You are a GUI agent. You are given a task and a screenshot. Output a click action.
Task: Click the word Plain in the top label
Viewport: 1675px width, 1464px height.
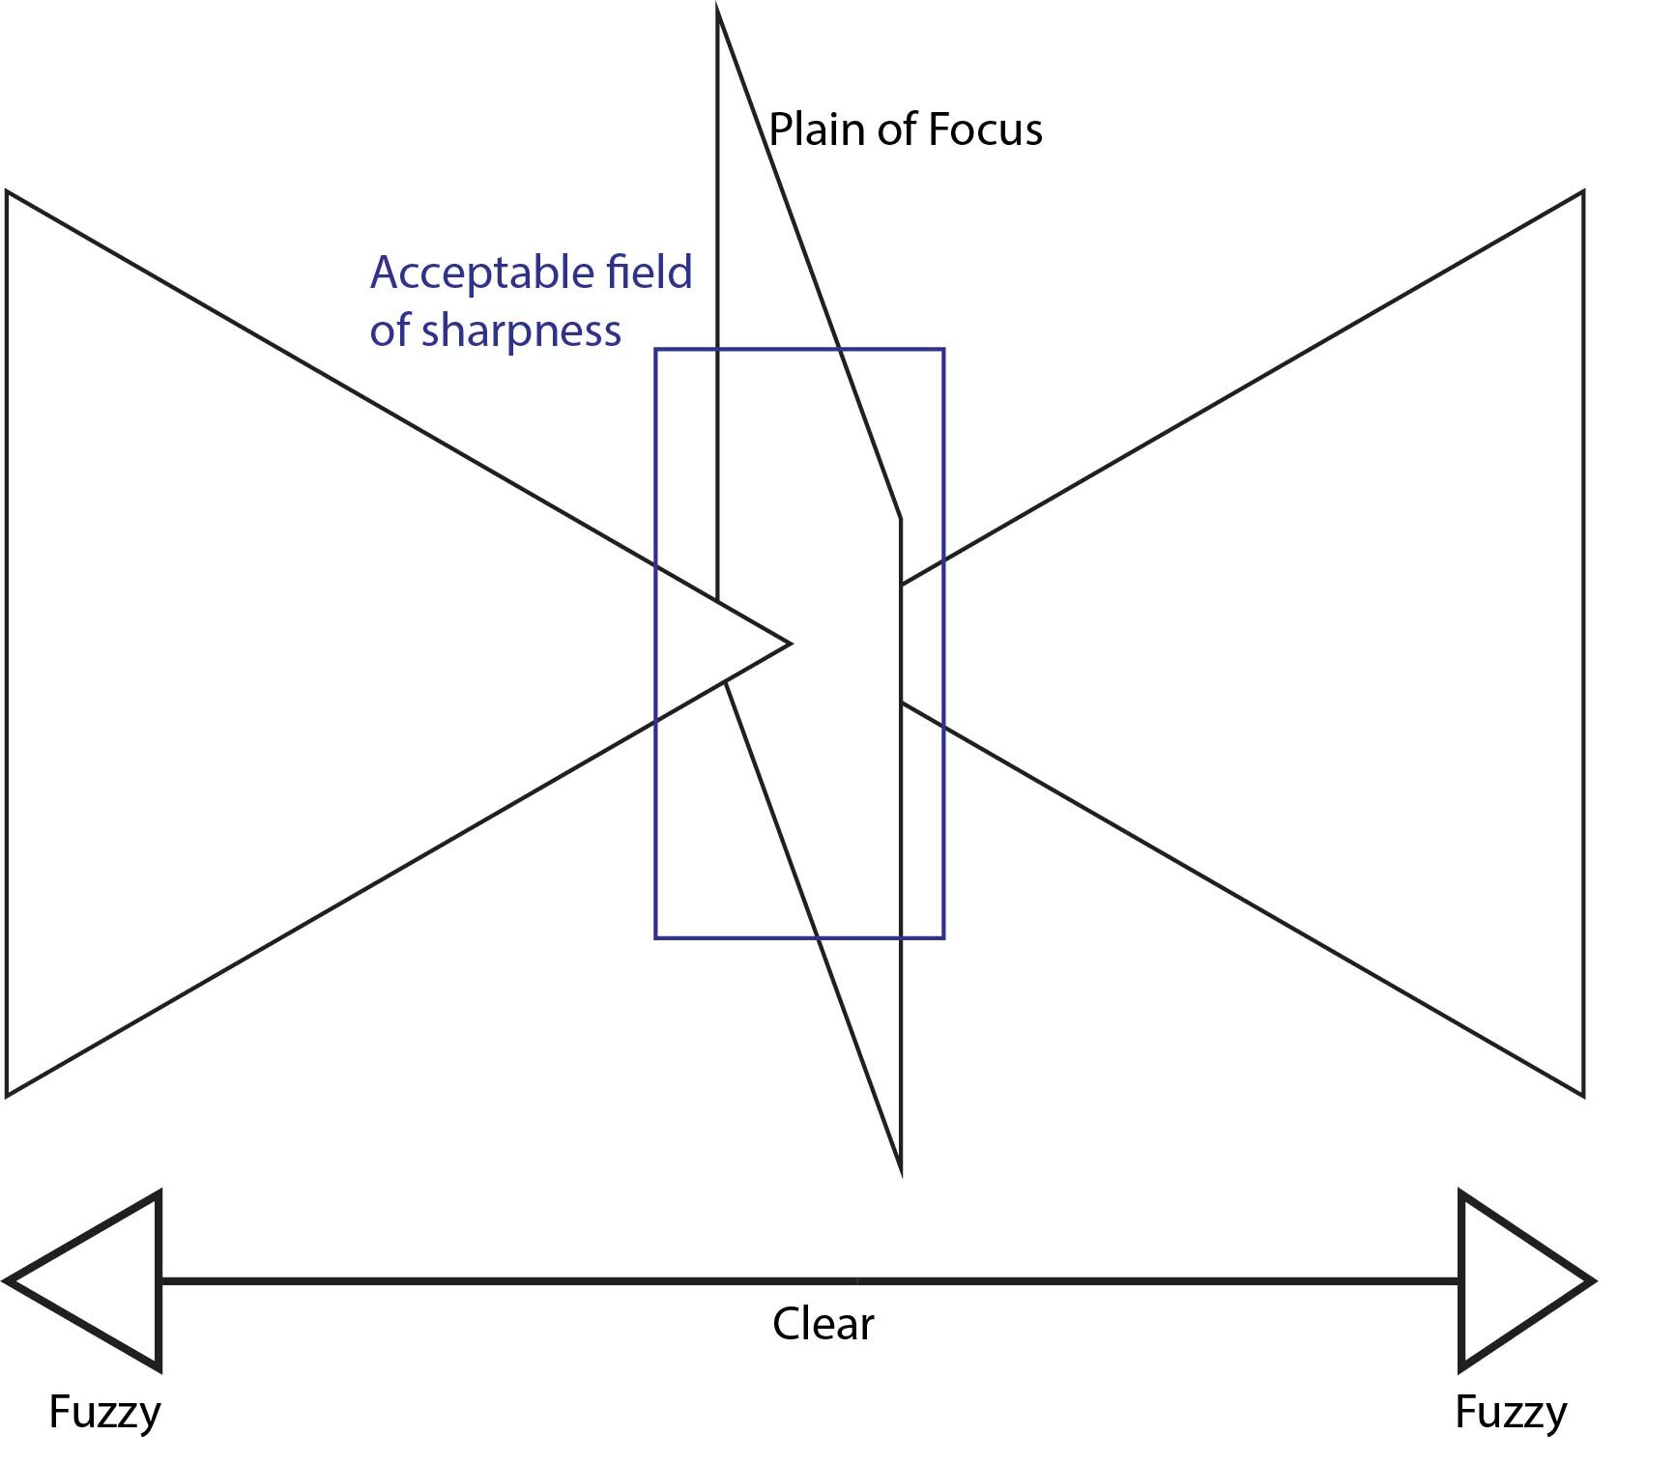point(817,129)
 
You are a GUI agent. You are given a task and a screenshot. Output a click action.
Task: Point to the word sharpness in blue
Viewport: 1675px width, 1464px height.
point(522,330)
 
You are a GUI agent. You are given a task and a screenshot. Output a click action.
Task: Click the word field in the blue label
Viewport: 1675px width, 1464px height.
point(649,273)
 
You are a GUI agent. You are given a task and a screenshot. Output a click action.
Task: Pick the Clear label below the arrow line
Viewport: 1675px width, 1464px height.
point(823,1323)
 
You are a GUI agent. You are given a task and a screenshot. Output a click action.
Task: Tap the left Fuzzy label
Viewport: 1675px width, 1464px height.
point(104,1412)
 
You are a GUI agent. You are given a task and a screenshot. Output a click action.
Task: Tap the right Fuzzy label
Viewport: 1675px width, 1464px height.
point(1511,1412)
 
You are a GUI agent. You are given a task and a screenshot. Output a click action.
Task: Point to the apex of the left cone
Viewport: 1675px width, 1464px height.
point(790,643)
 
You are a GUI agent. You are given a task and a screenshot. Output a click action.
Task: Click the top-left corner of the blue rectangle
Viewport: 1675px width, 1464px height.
point(656,350)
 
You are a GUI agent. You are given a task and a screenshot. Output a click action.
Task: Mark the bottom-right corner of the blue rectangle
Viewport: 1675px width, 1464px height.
point(943,937)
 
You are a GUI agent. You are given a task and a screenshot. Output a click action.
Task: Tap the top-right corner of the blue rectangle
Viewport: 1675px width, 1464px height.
point(943,350)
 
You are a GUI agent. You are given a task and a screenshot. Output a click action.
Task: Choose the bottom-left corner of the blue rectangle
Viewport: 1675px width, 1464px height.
point(656,937)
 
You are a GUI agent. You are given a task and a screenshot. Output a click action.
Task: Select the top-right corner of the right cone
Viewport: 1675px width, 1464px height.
point(1583,192)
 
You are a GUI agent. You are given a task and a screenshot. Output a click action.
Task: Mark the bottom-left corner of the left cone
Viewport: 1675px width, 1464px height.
point(8,1096)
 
